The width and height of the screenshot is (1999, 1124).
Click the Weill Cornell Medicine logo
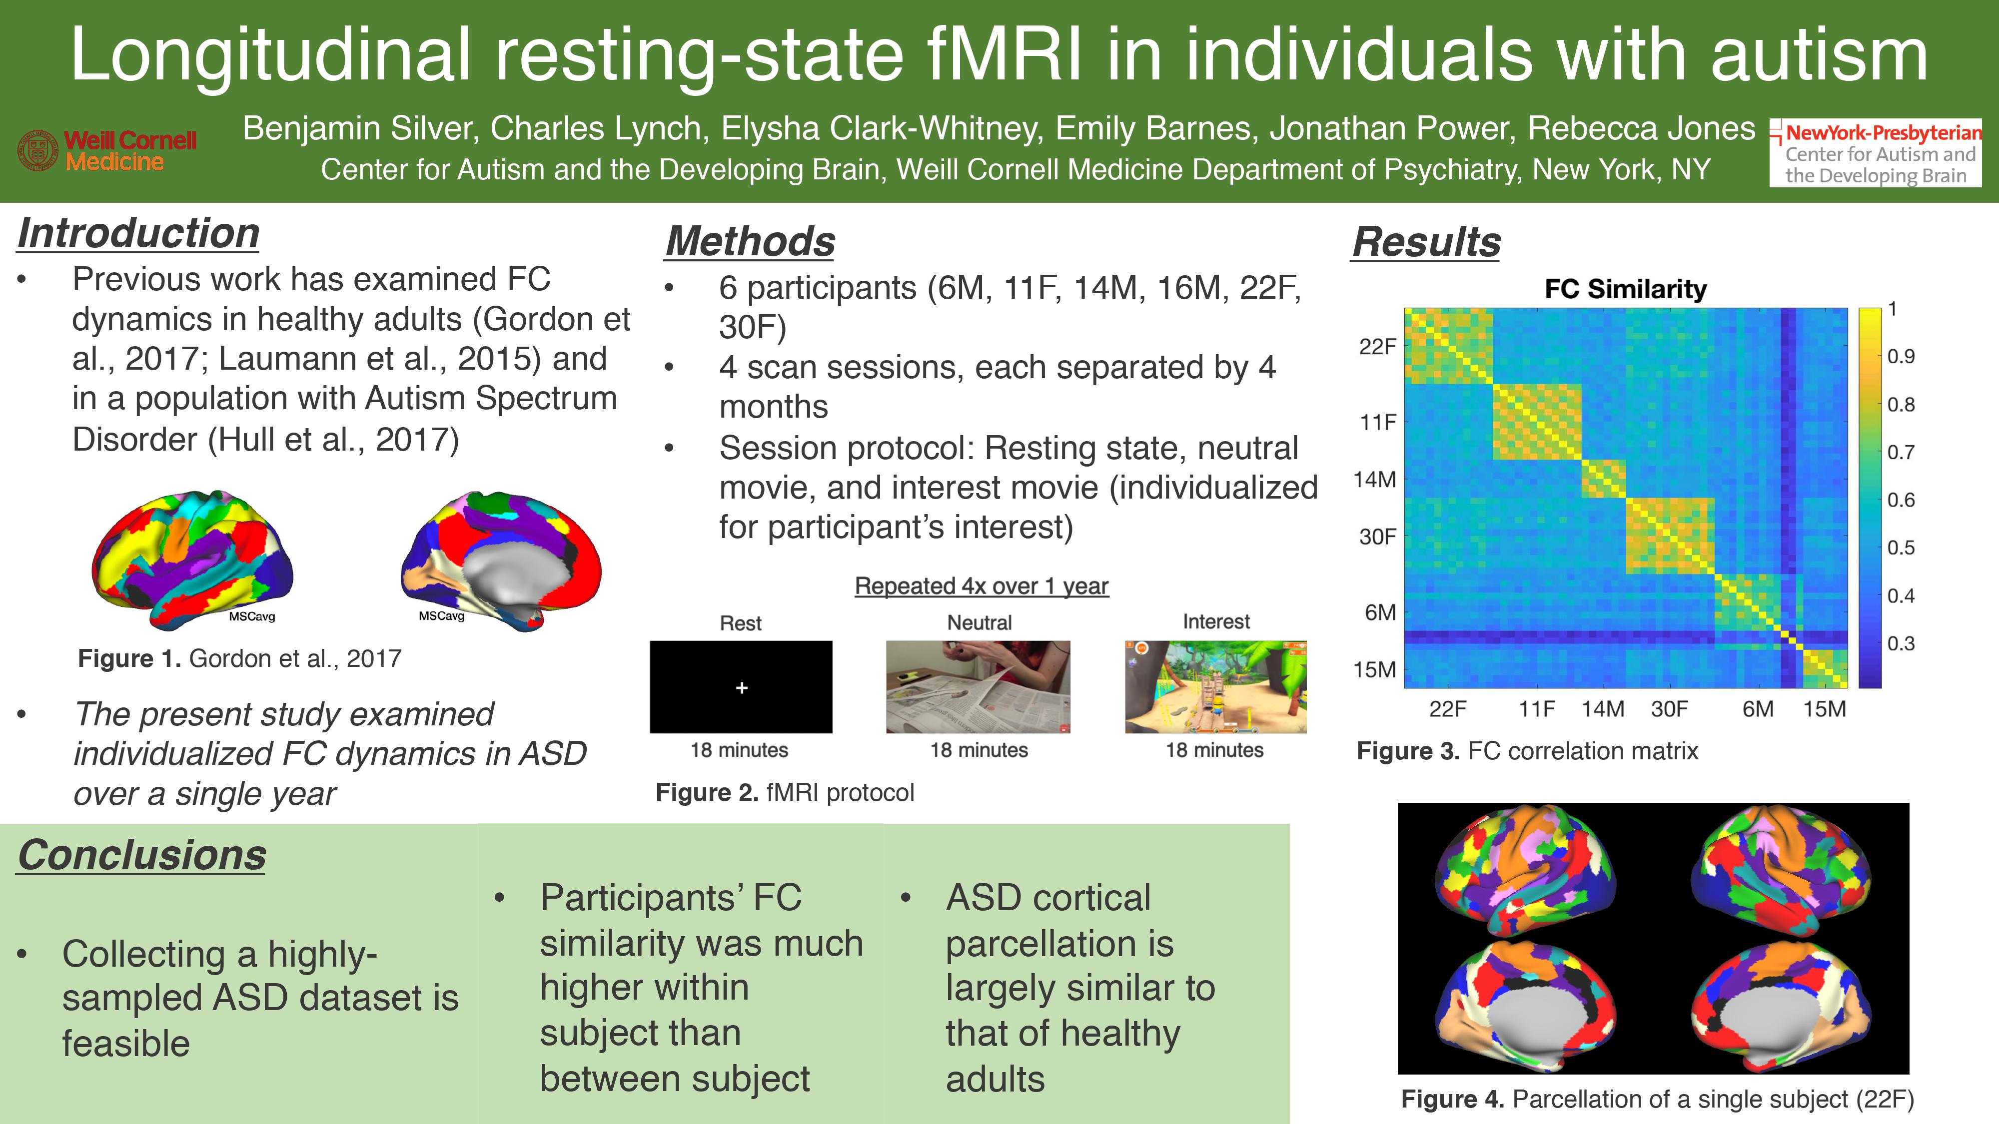coord(107,150)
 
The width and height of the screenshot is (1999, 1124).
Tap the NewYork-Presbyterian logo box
coord(1875,153)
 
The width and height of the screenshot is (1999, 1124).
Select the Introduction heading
coord(138,233)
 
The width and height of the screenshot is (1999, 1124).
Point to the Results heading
coord(1426,241)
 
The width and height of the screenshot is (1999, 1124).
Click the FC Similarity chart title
coord(1626,289)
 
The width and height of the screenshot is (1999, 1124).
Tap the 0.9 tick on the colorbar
coord(1901,356)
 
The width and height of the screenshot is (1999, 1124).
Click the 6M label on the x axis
coord(1758,709)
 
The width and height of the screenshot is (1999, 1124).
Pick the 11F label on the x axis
coord(1537,709)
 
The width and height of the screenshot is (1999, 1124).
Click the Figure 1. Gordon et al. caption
coord(240,658)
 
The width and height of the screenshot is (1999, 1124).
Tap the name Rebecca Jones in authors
coord(1641,129)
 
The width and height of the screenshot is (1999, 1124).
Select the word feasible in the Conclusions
coord(126,1044)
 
